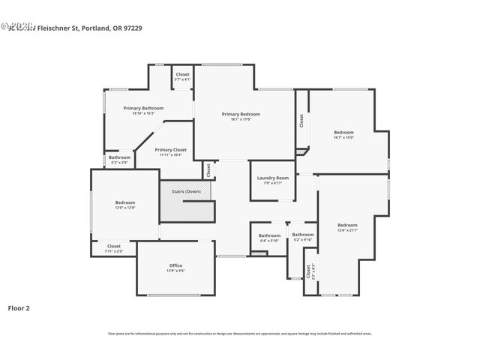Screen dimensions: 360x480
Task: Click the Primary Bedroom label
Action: click(x=240, y=114)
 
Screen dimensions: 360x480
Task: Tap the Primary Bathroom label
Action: click(x=142, y=108)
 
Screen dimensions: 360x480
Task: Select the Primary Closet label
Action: click(x=170, y=149)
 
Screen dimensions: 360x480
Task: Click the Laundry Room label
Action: click(x=272, y=178)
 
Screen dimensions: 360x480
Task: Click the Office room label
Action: click(x=175, y=265)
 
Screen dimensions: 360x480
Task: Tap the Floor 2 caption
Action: click(x=19, y=307)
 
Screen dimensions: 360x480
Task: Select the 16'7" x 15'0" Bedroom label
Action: click(x=343, y=133)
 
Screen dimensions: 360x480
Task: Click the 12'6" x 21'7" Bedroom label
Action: click(x=347, y=225)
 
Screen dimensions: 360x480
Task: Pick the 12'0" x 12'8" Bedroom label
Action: click(x=124, y=202)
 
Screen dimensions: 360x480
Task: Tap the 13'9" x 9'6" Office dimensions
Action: click(x=175, y=271)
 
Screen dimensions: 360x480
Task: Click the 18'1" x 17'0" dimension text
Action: click(x=240, y=119)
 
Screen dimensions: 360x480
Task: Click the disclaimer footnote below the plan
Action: click(x=239, y=334)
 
